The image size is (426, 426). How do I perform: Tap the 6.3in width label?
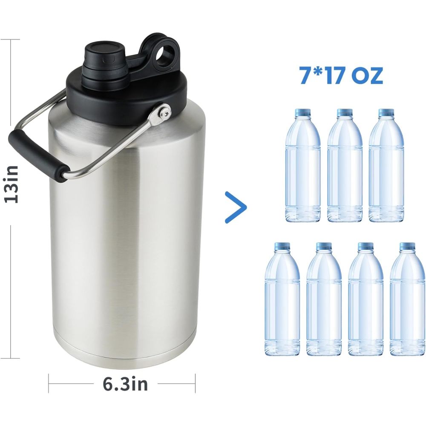[x=125, y=384]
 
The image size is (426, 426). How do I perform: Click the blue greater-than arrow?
[x=236, y=207]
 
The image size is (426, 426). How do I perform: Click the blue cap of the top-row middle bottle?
[x=345, y=113]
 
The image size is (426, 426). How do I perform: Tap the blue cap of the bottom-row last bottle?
[x=407, y=246]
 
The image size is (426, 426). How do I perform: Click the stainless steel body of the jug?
[x=128, y=234]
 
